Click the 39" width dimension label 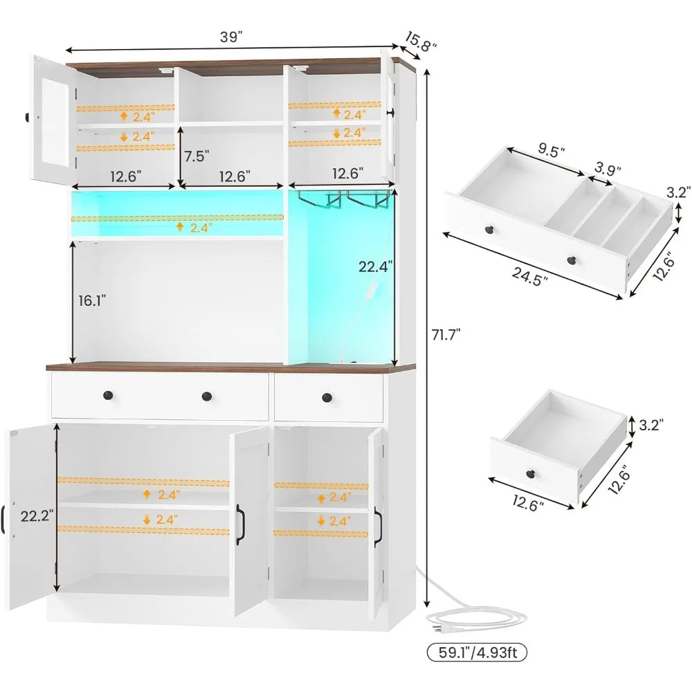231,37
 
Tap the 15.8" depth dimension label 421,42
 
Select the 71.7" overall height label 446,335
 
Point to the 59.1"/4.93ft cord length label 477,652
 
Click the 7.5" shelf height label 197,156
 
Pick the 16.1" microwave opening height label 92,301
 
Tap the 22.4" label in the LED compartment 375,266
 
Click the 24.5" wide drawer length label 529,277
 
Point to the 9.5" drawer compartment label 552,151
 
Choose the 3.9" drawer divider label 608,168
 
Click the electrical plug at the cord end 436,629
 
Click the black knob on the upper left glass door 26,118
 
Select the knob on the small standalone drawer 530,474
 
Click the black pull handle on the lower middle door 240,525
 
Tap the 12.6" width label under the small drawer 528,503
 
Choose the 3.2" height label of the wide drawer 678,192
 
